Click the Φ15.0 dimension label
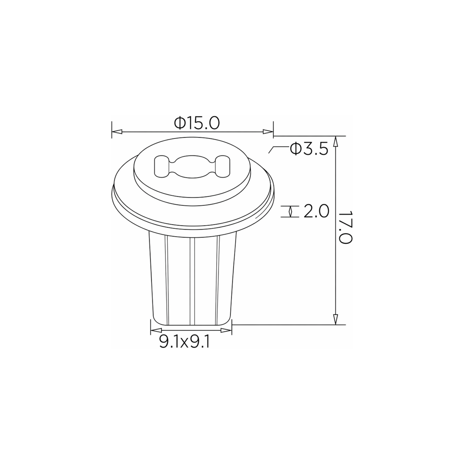point(197,123)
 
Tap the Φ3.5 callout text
point(309,149)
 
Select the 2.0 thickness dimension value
point(316,211)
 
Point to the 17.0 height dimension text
point(346,227)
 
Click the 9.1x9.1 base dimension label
point(184,342)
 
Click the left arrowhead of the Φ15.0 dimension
point(117,132)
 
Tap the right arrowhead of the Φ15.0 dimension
point(268,132)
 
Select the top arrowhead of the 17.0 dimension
point(335,141)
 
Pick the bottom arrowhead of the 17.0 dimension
point(335,319)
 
